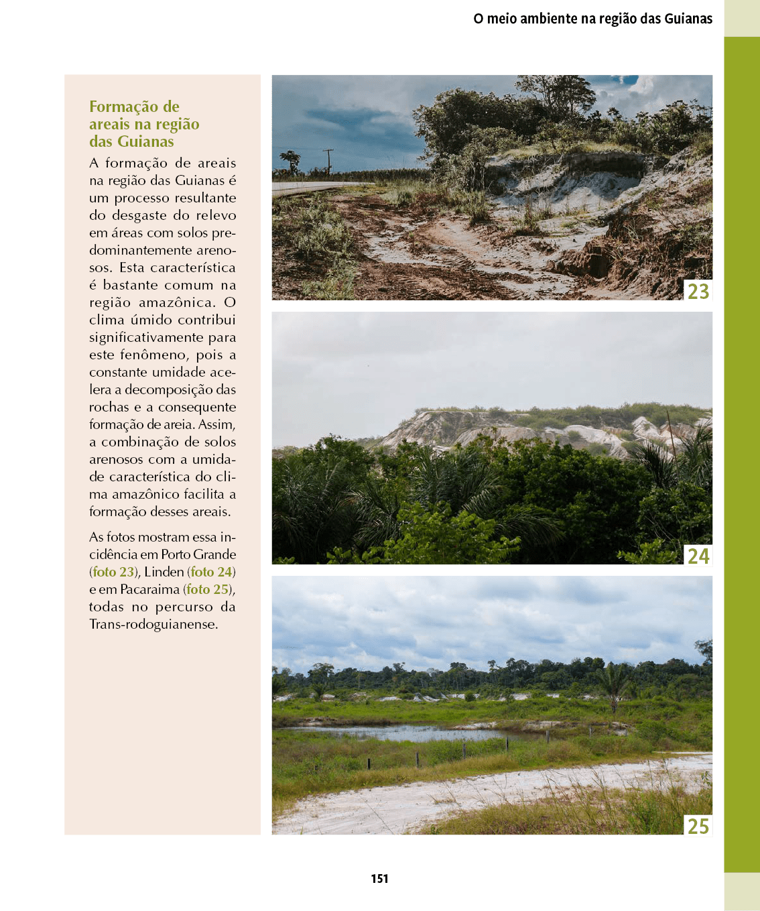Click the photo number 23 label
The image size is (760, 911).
[698, 291]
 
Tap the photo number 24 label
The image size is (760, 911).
[698, 556]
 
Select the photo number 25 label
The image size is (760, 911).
[698, 826]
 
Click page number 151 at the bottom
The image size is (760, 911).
[379, 878]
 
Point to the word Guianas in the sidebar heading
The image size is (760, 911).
[145, 141]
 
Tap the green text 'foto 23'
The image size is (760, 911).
[113, 572]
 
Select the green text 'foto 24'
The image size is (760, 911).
[211, 572]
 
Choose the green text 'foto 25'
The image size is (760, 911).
[207, 589]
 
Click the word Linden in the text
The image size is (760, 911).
[164, 572]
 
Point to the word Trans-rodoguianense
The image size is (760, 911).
[153, 624]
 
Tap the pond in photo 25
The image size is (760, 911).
[402, 733]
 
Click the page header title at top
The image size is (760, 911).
[592, 19]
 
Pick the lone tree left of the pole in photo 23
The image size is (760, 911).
[291, 161]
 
